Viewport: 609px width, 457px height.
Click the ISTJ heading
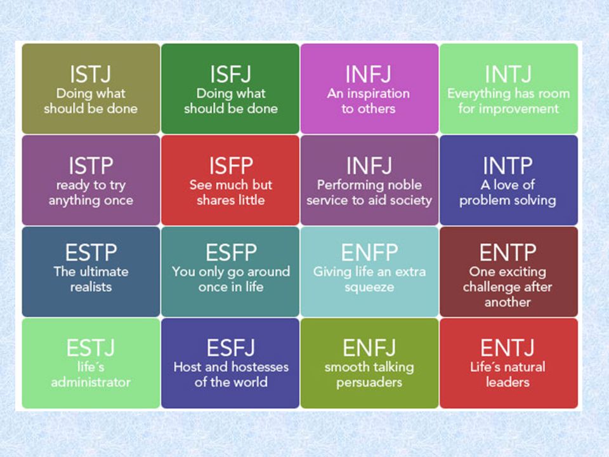tap(91, 74)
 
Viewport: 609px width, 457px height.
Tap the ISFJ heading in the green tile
tap(231, 74)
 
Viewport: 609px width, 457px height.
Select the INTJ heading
tap(508, 74)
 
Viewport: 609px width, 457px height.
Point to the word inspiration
tap(378, 94)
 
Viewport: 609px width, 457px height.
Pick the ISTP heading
tap(91, 166)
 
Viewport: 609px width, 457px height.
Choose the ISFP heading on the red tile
tap(231, 166)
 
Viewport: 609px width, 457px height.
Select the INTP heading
tap(507, 166)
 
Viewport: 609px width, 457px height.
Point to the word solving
tap(534, 201)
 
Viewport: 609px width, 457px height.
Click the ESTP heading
tap(91, 253)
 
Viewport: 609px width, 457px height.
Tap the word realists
tap(91, 287)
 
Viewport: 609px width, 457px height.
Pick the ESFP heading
tap(231, 253)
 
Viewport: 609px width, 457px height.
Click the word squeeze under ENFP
tap(369, 288)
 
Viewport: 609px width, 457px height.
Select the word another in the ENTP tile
tap(507, 302)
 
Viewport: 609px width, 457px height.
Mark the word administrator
tap(91, 382)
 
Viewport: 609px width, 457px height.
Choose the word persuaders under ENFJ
tap(369, 383)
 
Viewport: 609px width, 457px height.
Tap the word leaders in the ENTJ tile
tap(507, 382)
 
